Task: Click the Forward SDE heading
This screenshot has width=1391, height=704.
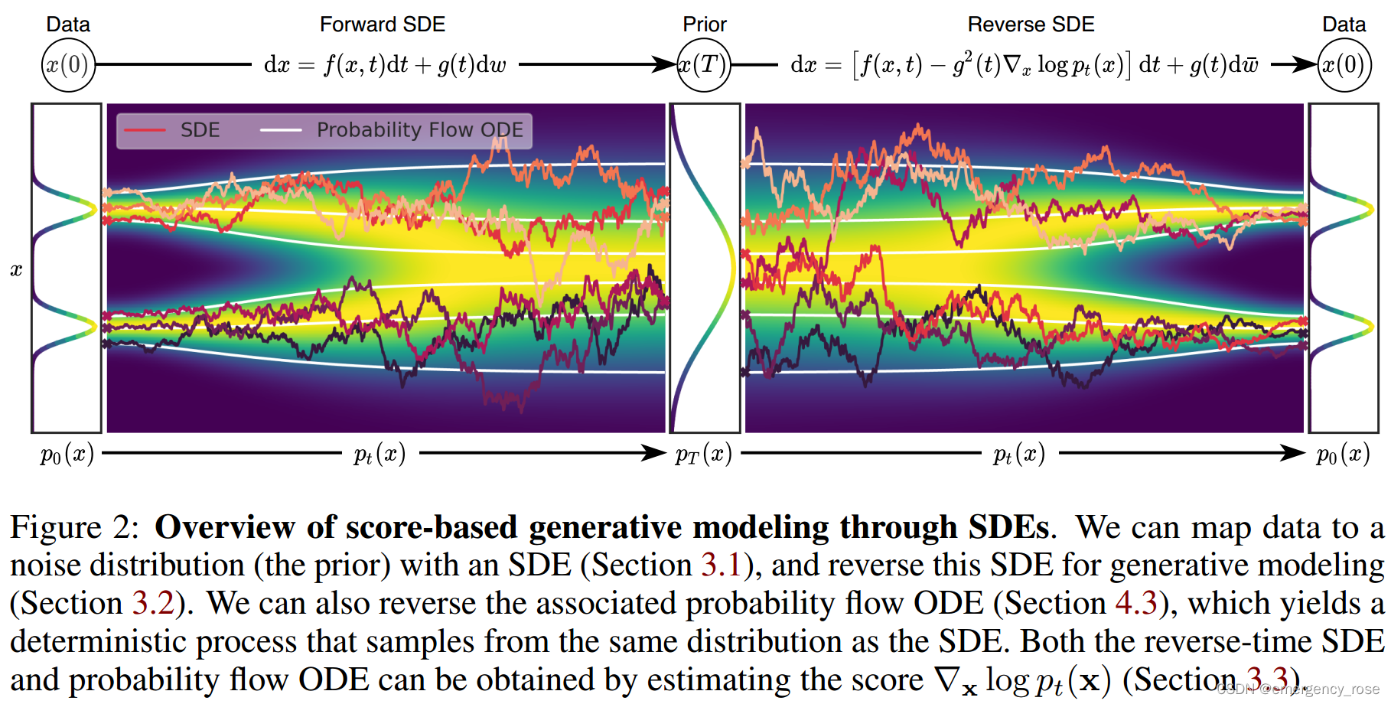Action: click(382, 24)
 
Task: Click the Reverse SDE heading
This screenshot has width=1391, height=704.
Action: click(1031, 24)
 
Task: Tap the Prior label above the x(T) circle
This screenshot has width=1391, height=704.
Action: click(704, 24)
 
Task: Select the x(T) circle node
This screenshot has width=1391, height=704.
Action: click(704, 65)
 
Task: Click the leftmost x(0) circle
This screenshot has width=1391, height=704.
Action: click(68, 65)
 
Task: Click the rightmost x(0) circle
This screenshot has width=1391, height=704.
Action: click(1344, 65)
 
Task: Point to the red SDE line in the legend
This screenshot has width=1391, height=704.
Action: click(145, 130)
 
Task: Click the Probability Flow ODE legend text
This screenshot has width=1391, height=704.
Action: click(419, 130)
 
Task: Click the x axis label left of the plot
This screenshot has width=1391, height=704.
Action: click(16, 269)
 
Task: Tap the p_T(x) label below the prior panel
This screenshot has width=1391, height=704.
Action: click(703, 455)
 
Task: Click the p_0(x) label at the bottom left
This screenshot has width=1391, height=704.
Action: click(67, 455)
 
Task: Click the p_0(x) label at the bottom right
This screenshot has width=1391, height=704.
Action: click(1343, 455)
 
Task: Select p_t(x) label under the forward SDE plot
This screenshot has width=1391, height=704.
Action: click(380, 455)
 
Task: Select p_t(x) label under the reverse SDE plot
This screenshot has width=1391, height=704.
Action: click(1018, 455)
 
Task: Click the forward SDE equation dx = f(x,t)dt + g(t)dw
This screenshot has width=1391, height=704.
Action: click(385, 65)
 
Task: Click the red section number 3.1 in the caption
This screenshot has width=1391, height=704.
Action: click(721, 565)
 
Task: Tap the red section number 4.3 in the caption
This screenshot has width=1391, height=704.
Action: click(1135, 604)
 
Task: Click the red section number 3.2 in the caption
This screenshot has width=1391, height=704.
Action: click(153, 604)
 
